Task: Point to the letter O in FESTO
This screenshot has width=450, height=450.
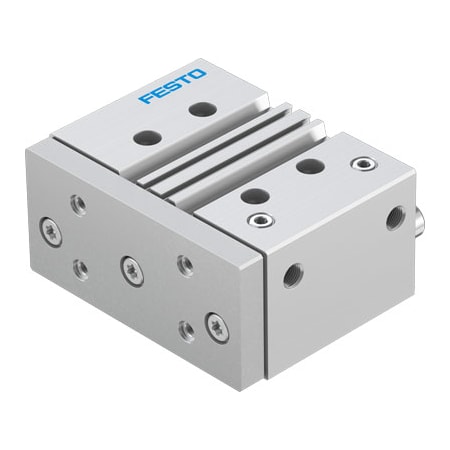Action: tap(199, 74)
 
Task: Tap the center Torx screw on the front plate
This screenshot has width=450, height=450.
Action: tap(129, 267)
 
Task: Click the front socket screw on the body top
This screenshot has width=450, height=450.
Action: tap(263, 220)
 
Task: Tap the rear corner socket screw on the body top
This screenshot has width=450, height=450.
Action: tap(359, 161)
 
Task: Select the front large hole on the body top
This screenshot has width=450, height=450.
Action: tap(255, 196)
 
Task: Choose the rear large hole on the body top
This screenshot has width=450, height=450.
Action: tap(310, 166)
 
